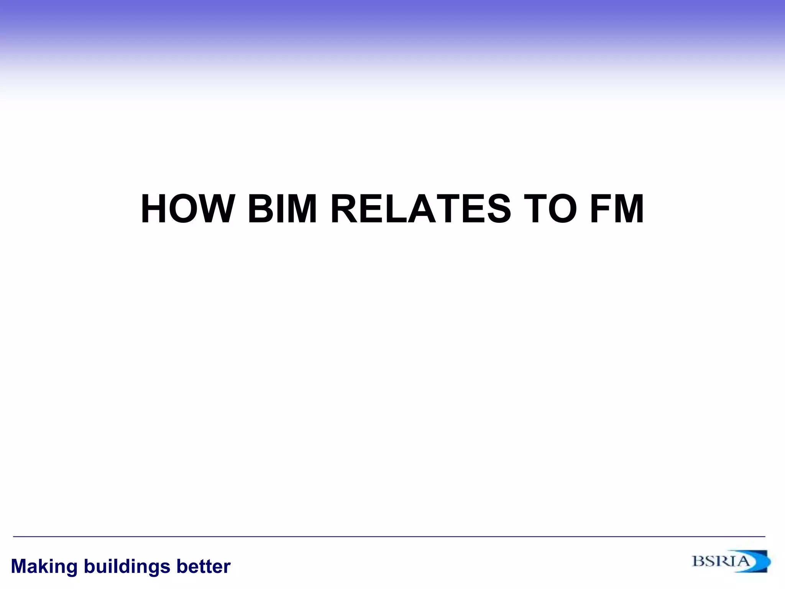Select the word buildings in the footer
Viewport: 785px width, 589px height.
pyautogui.click(x=127, y=567)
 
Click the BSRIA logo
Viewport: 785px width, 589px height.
pyautogui.click(x=731, y=561)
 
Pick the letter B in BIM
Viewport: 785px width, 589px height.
pyautogui.click(x=262, y=209)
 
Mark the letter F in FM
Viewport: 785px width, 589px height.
pyautogui.click(x=602, y=209)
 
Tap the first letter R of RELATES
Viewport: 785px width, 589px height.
pyautogui.click(x=346, y=209)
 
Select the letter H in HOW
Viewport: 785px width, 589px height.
pyautogui.click(x=155, y=209)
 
